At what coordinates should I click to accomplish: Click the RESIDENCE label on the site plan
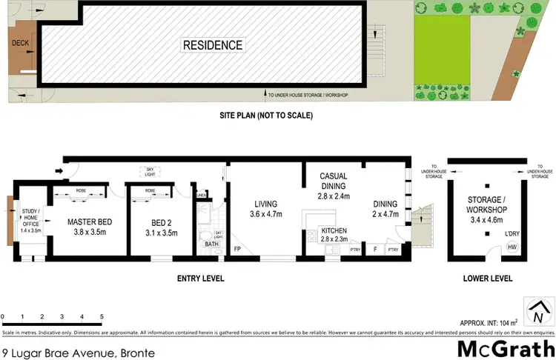point(213,45)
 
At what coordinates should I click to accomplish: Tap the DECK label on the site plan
point(19,44)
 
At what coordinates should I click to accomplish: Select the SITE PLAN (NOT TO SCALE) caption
point(265,116)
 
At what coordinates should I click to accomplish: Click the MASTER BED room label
point(89,222)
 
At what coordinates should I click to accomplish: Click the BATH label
point(211,244)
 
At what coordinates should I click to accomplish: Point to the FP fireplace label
point(237,249)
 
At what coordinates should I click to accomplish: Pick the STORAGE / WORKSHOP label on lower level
point(486,205)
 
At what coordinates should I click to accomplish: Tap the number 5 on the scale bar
point(102,316)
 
